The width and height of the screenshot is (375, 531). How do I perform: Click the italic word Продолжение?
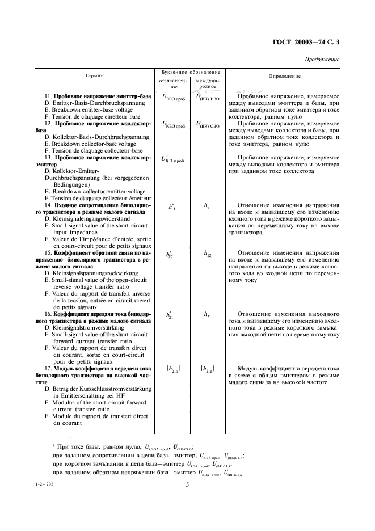tap(322, 59)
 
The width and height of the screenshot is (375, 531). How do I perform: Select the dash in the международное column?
tap(207, 157)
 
